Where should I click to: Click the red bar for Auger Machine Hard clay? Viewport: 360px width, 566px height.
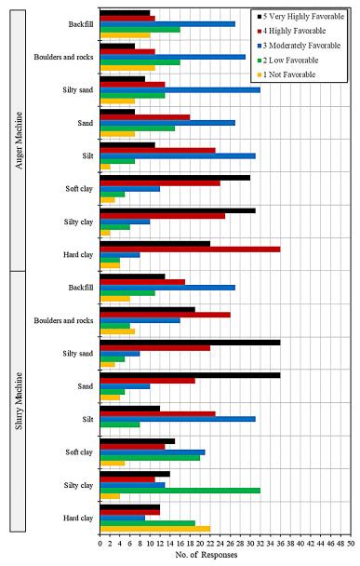pos(190,249)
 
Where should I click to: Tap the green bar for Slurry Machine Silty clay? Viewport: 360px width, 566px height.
pos(180,490)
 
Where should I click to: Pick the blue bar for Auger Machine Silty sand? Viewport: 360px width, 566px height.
pos(180,89)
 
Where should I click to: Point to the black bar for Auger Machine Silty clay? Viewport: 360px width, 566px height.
pos(178,209)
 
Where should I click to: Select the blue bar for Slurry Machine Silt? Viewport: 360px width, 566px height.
pos(178,419)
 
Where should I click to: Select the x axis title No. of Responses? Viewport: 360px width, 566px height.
pos(226,555)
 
